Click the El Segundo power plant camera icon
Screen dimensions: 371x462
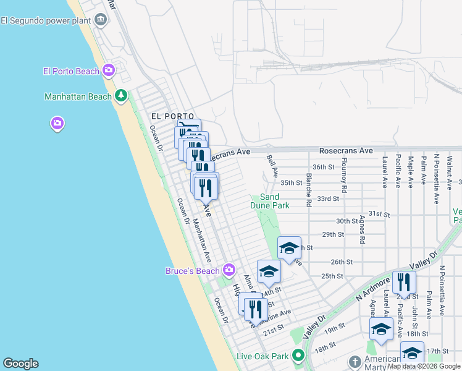[x=101, y=20]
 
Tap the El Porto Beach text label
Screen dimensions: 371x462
[x=71, y=71]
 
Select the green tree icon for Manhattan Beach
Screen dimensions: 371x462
[x=122, y=96]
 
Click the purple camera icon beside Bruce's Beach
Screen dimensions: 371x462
[x=229, y=270]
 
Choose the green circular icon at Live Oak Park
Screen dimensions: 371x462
[x=298, y=356]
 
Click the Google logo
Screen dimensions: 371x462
[x=20, y=364]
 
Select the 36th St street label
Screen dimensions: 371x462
[x=323, y=167]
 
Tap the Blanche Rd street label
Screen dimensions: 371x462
[x=308, y=185]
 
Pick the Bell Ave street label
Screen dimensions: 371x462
[x=272, y=166]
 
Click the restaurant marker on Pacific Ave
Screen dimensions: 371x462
[x=404, y=282]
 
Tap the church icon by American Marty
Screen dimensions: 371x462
[x=355, y=361]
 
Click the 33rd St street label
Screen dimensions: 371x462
[x=328, y=198]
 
